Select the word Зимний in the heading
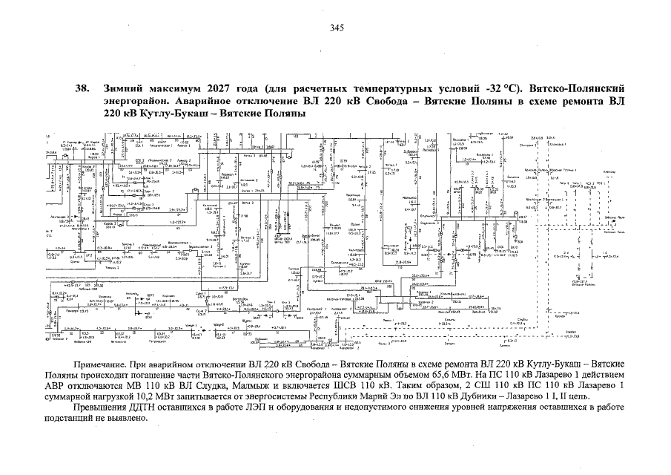[125, 88]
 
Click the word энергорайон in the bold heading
[133, 101]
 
